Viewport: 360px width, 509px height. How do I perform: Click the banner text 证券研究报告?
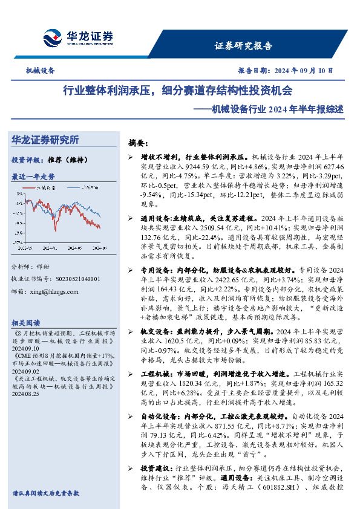click(x=243, y=46)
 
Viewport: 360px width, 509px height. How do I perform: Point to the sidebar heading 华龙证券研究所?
click(x=45, y=140)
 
